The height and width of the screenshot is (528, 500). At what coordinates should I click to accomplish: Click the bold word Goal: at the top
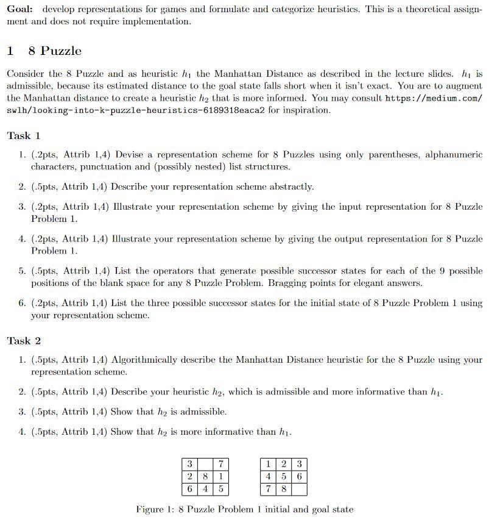[21, 10]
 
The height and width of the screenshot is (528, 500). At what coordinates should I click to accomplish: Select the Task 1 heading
[24, 136]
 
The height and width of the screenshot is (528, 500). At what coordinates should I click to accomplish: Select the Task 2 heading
[24, 341]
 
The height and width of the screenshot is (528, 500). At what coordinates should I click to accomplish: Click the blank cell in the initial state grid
[206, 465]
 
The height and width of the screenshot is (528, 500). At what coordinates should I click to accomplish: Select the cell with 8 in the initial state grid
[206, 476]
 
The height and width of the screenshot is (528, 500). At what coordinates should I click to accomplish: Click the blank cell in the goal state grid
[299, 488]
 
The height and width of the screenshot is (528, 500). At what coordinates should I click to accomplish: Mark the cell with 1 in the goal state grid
[269, 465]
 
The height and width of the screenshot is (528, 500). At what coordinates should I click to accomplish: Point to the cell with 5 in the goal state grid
[284, 476]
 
